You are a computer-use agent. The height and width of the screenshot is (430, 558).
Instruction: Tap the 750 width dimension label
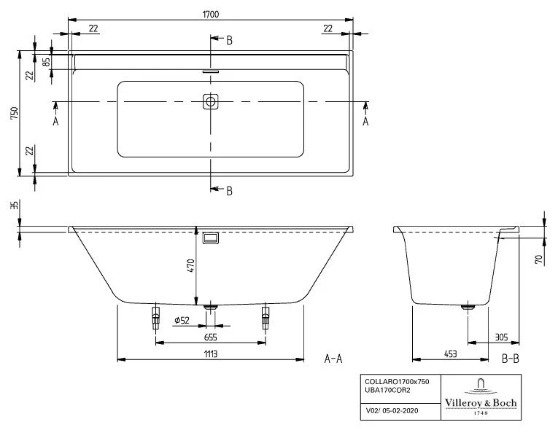click(x=14, y=113)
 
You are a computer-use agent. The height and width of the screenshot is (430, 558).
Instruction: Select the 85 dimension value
click(x=46, y=62)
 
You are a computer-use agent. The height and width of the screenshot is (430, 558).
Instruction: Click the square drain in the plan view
click(x=211, y=102)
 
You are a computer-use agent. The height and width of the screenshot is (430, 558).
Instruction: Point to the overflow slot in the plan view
click(x=211, y=71)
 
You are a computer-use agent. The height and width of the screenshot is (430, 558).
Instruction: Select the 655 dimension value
click(x=210, y=337)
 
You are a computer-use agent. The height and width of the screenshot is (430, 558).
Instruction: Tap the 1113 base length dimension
click(x=210, y=353)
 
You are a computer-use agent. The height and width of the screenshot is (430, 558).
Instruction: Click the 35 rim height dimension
click(x=12, y=206)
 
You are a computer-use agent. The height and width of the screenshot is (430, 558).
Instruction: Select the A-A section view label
click(x=333, y=358)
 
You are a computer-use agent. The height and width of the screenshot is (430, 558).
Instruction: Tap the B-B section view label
click(x=511, y=358)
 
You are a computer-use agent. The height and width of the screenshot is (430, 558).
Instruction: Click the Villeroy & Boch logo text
click(x=480, y=403)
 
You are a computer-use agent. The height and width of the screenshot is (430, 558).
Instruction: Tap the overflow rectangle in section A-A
click(x=212, y=238)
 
